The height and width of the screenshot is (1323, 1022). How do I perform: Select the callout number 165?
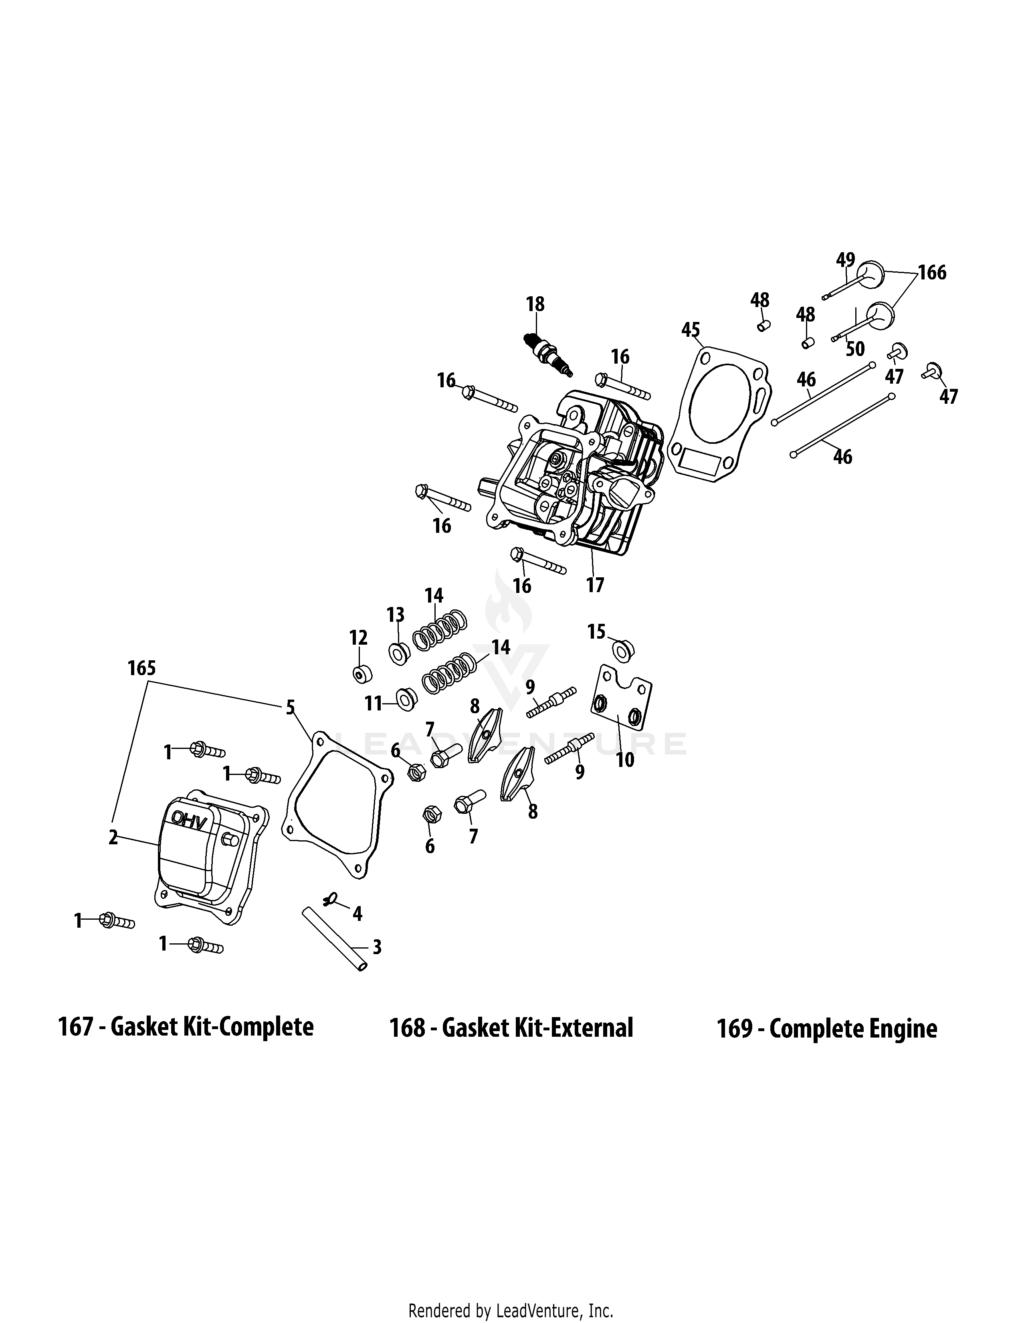pos(141,668)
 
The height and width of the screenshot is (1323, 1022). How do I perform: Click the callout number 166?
pos(932,273)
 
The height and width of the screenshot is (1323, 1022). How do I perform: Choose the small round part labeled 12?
pos(362,674)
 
